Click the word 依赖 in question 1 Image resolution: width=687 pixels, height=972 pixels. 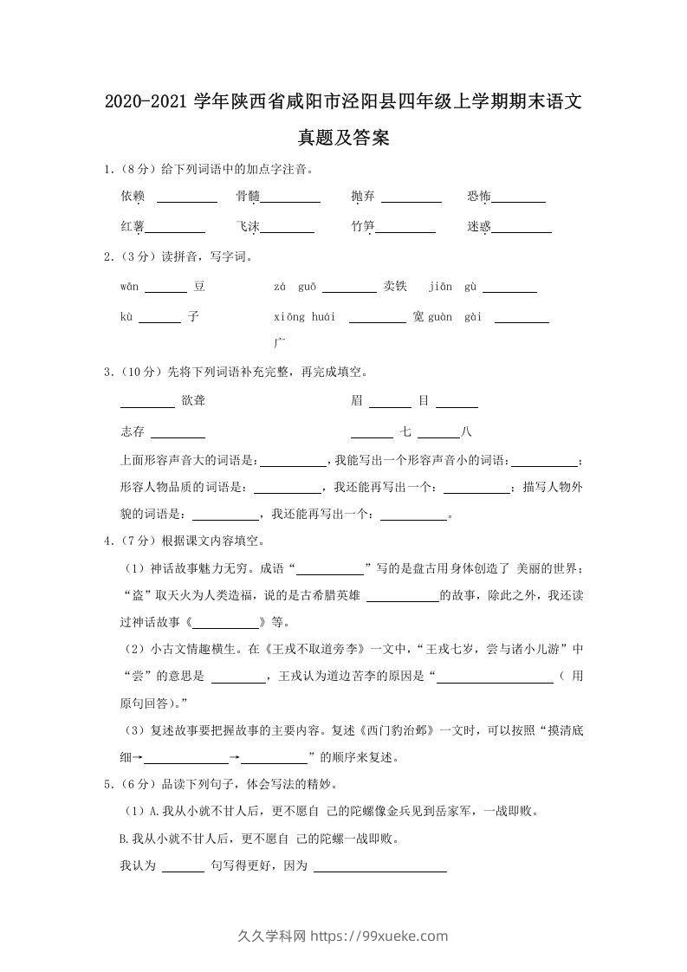(x=133, y=197)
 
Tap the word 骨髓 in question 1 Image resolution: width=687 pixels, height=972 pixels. (x=248, y=197)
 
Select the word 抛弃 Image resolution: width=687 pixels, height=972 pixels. (x=363, y=197)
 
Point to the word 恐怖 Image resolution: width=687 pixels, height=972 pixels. (x=478, y=197)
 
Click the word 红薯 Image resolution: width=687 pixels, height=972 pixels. (x=133, y=226)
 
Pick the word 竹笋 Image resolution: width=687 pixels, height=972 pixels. (x=363, y=226)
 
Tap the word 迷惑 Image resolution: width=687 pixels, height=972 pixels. (x=478, y=226)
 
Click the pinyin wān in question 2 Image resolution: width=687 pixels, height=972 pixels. (x=129, y=287)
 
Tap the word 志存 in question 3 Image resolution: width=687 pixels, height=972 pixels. (x=133, y=431)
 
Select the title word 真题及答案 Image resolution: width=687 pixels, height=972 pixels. (x=343, y=137)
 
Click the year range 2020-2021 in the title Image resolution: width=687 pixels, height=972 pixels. (x=146, y=103)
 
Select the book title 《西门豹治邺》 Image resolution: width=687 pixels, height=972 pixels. (x=394, y=730)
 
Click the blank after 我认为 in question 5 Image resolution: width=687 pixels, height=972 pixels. (x=183, y=870)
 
